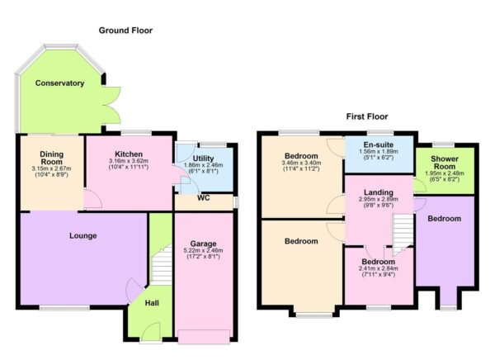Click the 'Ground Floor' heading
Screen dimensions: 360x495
(x=125, y=31)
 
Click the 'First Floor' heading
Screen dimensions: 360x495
(x=366, y=116)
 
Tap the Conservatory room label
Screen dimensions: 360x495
(x=59, y=83)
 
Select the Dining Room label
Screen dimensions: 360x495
(x=51, y=159)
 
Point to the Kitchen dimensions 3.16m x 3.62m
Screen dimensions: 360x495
(x=129, y=167)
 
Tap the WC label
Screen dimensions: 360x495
(x=204, y=198)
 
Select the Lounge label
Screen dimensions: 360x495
(x=83, y=235)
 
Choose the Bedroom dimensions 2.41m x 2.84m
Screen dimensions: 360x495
(x=377, y=272)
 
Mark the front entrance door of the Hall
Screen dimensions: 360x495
(x=150, y=333)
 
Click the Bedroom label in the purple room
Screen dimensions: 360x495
(x=445, y=220)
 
